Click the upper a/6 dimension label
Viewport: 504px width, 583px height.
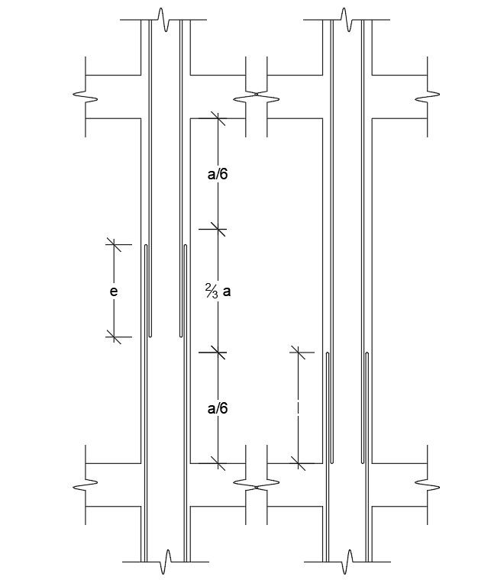pos(218,174)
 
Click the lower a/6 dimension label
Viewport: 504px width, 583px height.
pos(218,408)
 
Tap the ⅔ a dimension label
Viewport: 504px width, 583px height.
pos(218,291)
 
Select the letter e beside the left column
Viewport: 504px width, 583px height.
pos(114,291)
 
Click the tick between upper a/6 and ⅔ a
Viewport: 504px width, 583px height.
pos(218,227)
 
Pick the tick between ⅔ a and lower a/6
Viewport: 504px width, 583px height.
pos(218,352)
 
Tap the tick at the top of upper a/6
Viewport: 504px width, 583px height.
pos(218,118)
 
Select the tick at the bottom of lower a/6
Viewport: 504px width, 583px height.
pos(218,462)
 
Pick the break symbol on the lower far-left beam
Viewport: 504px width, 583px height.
pos(85,485)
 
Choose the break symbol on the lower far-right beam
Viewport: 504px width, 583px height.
pos(426,485)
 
